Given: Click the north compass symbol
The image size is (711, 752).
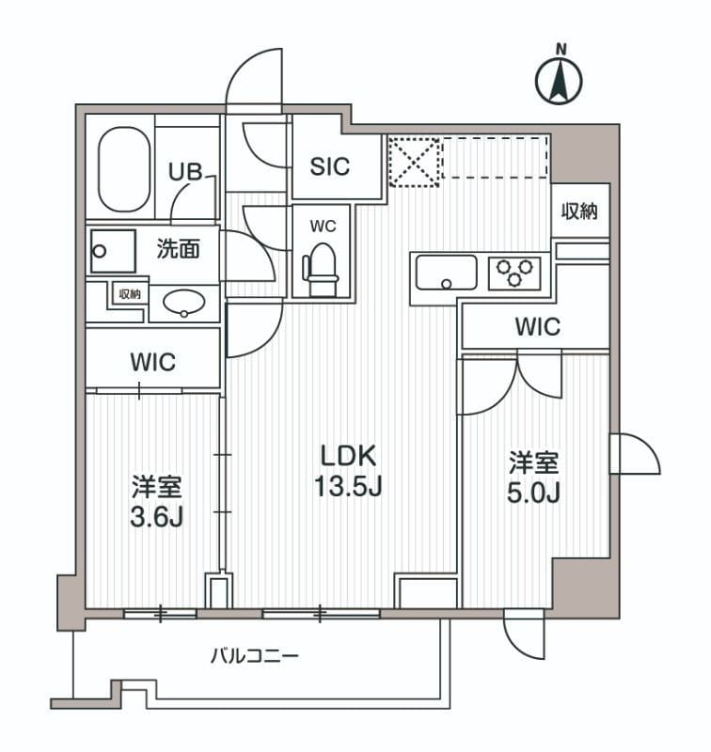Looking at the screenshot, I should point(560,78).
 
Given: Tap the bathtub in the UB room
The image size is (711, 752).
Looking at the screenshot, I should point(123,170).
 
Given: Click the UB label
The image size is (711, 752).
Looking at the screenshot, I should point(183,172).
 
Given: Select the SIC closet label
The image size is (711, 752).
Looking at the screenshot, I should point(330,166).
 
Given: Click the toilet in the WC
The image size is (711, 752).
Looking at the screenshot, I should point(321,262).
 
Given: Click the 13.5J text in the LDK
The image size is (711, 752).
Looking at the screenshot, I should point(349,488).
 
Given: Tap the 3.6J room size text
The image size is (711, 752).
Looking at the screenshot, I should point(156,518).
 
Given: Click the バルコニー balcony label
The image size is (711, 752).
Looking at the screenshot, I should point(254,655).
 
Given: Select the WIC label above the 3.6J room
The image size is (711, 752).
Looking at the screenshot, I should point(153,362).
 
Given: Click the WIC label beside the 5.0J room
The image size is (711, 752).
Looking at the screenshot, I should point(537,327).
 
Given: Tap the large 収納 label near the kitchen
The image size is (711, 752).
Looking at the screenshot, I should point(580,211).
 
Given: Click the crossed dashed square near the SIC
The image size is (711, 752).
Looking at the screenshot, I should point(414,160).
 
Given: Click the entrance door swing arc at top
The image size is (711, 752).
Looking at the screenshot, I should point(253,77).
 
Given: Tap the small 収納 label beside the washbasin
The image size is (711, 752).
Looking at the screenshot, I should point(129,294).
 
